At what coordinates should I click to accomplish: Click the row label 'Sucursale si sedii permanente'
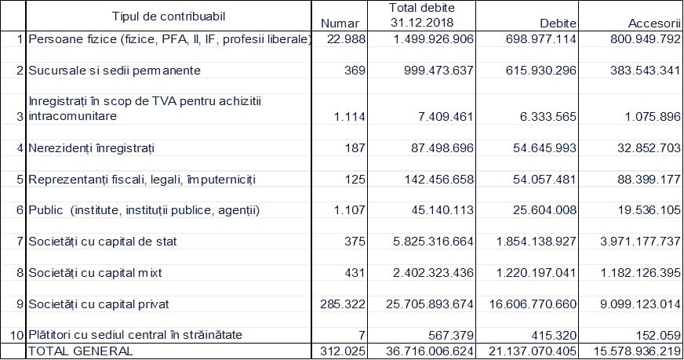pos(115,71)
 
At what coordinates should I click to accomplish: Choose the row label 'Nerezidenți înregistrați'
pos(91,148)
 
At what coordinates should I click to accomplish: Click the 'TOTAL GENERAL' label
pos(80,351)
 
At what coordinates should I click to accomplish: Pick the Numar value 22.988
pos(347,39)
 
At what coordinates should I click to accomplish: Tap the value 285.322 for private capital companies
pos(343,304)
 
